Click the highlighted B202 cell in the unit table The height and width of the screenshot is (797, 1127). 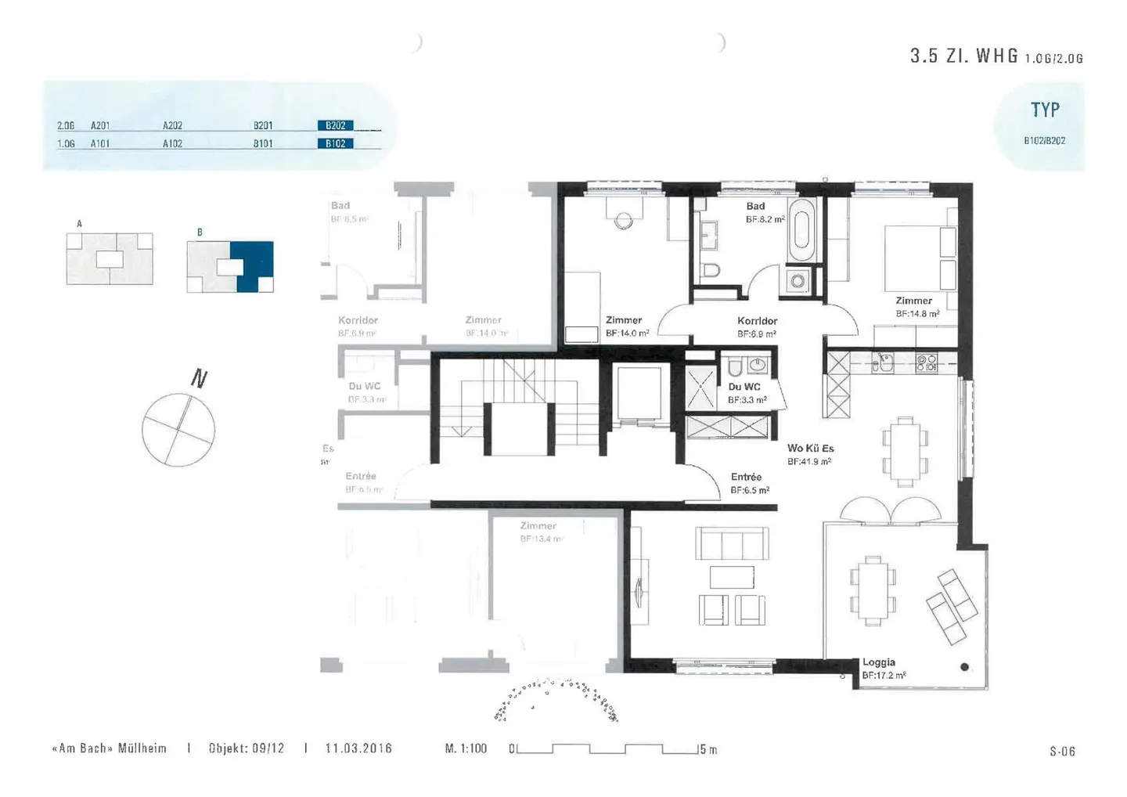[335, 125]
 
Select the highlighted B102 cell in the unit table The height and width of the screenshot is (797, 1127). [335, 143]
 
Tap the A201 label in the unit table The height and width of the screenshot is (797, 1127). [100, 125]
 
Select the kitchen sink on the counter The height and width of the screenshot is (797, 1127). [884, 362]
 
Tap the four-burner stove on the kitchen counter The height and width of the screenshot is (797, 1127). [926, 362]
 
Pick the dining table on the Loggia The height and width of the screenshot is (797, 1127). [872, 590]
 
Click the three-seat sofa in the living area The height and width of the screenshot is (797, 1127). [732, 543]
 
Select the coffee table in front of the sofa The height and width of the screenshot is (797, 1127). [732, 577]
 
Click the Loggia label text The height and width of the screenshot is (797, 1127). [879, 662]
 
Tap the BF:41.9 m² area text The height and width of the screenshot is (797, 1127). [810, 462]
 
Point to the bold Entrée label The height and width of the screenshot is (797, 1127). [746, 477]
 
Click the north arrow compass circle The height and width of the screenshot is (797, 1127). [178, 430]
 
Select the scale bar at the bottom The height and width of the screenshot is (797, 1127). [607, 749]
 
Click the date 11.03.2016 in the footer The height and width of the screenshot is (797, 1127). [358, 748]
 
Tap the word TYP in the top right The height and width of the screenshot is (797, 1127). [1045, 110]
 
